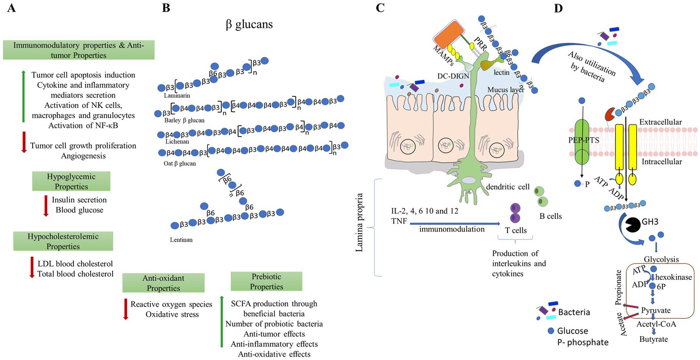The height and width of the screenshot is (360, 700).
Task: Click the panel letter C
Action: coord(380,8)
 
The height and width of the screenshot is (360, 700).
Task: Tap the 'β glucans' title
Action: coord(249,24)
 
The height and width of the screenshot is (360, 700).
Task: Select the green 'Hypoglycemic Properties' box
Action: coord(71,181)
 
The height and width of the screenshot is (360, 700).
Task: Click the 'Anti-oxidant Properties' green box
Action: coord(163,283)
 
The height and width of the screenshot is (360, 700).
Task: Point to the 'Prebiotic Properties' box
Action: coord(266,281)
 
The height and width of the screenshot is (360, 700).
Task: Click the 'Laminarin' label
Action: coord(177,95)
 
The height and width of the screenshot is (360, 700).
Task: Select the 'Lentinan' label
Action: coord(181,240)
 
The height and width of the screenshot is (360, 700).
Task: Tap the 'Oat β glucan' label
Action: coord(180,163)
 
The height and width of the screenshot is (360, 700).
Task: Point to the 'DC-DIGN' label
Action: coord(453,76)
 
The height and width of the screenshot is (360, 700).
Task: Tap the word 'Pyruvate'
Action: coord(655,310)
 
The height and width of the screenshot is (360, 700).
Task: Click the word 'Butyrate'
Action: coord(653,339)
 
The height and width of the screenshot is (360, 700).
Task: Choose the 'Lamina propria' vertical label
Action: coord(359,222)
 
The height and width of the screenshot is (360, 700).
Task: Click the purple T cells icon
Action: coord(515,213)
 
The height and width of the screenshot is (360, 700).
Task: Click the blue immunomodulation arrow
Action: coord(455,223)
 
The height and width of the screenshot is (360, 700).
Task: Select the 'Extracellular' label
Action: coord(660,122)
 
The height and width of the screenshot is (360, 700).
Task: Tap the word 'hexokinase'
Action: coord(673,277)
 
